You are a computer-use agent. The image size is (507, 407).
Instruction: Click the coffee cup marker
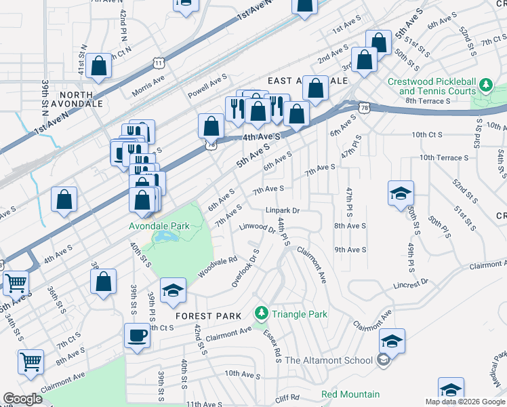137,336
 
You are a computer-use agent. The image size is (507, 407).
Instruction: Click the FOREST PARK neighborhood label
204,316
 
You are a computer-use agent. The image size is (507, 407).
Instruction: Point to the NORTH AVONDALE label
81,99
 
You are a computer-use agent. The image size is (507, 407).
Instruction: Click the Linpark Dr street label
282,210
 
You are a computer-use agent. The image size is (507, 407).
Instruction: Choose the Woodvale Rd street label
217,266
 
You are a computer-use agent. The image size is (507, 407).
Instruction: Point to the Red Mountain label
350,394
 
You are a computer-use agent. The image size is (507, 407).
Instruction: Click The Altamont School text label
329,360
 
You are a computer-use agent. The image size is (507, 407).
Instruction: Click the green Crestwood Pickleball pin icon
485,85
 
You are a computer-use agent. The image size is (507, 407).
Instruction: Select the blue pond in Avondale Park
165,236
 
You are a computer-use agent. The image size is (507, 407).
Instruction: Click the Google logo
22,399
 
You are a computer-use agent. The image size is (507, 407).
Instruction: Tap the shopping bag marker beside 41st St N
99,66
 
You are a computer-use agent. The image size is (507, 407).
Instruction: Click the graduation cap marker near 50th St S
401,192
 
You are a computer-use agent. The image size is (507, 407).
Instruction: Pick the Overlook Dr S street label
245,268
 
